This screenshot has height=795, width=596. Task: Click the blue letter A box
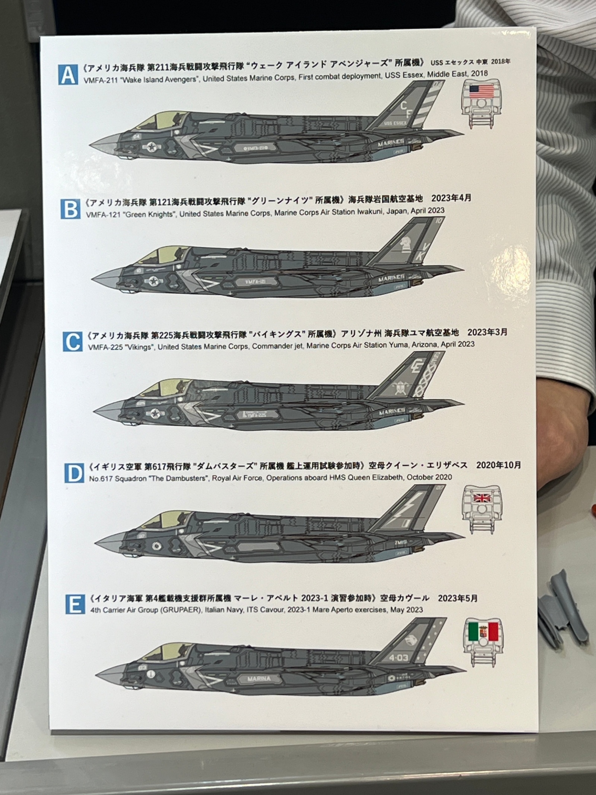68,75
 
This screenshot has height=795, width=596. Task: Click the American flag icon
481,91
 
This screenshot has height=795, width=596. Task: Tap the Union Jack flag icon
481,498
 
